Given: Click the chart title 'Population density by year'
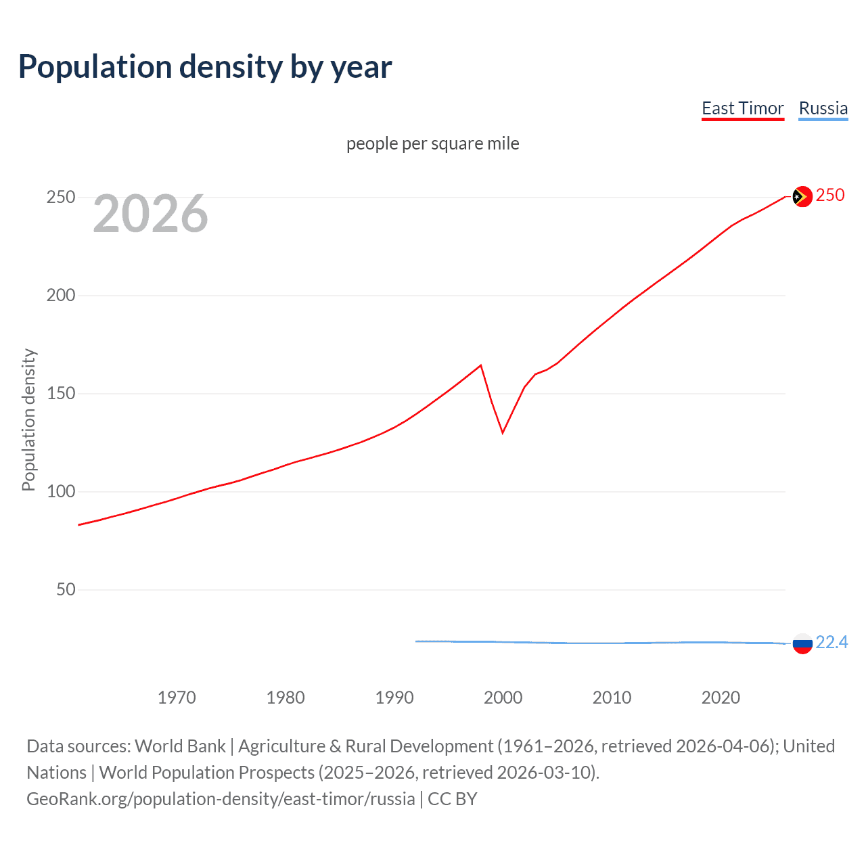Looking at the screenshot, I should click(205, 67).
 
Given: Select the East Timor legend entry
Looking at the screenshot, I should click(742, 108).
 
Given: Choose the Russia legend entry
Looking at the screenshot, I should click(823, 108).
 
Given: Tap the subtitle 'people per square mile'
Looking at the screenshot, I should click(432, 143).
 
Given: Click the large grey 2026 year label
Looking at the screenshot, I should click(150, 214).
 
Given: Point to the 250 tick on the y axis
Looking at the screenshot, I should click(61, 197).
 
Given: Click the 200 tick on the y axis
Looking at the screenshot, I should click(61, 295).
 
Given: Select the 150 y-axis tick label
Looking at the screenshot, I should click(61, 393).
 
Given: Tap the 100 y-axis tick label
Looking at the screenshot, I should click(61, 491).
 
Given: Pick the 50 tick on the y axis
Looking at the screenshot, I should click(66, 589).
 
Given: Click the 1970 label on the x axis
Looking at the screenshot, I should click(177, 698).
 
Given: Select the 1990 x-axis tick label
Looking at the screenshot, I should click(394, 698).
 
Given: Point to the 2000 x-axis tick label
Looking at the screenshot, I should click(503, 698).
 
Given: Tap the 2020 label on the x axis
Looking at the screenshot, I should click(721, 698).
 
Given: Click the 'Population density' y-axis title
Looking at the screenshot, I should click(28, 419).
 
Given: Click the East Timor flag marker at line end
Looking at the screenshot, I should click(802, 196).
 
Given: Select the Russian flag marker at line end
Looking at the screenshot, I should click(802, 643).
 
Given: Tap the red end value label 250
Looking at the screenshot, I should click(830, 195).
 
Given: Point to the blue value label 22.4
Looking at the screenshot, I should click(831, 642).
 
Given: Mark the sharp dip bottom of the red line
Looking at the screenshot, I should click(503, 432).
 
